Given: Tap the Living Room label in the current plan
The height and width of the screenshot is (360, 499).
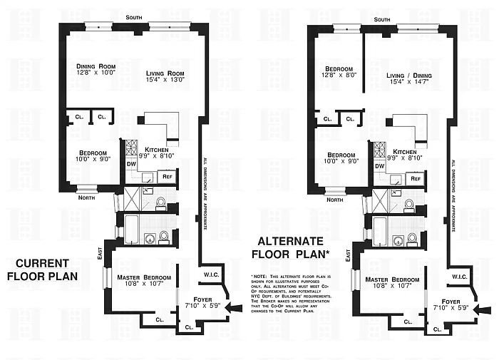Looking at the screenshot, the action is click(165, 76).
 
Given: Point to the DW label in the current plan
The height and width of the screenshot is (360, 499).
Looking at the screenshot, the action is click(131, 163).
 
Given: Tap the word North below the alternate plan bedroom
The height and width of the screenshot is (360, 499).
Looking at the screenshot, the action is click(334, 200).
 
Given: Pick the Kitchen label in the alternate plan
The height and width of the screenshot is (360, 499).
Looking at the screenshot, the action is click(404, 155).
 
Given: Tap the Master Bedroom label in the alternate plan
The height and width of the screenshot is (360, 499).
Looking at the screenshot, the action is click(395, 283).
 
